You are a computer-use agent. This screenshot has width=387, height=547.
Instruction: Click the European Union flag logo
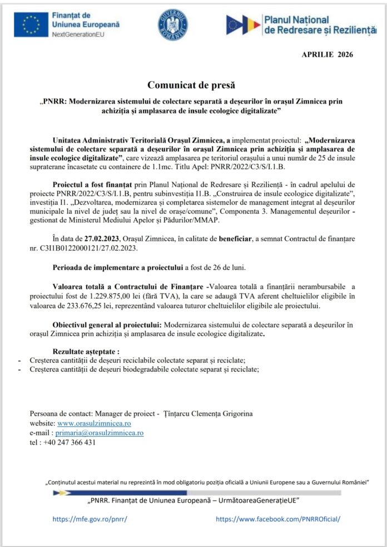pos(31,24)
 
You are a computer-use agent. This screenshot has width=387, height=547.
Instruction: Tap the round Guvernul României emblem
pos(173,24)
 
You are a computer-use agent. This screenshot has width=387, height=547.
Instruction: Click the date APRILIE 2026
pos(327,55)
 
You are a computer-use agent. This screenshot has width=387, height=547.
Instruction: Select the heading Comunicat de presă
pos(191,85)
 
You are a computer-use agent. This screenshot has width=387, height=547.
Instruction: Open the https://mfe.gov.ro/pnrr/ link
pos(90,519)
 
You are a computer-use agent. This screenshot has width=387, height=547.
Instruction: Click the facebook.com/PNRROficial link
pos(277,519)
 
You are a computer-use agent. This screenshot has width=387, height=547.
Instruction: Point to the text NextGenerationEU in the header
pos(78,35)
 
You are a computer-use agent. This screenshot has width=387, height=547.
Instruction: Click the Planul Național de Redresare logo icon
pos(242,24)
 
